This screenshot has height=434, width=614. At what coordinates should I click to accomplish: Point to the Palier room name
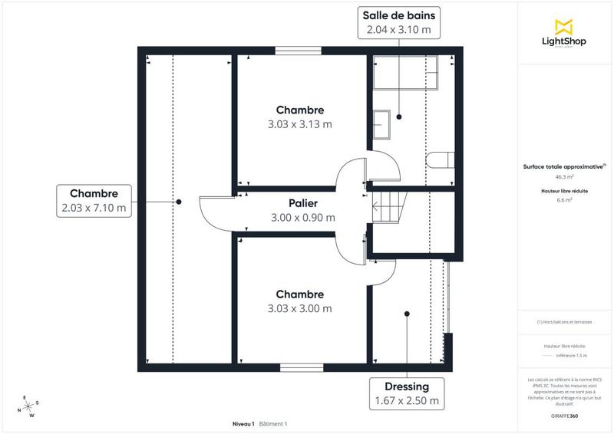click(x=303, y=204)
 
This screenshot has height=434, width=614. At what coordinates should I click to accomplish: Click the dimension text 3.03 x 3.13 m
click(x=300, y=123)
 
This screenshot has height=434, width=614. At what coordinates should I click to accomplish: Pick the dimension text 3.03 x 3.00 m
click(x=300, y=308)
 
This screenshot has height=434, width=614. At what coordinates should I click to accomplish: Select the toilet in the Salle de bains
click(x=439, y=159)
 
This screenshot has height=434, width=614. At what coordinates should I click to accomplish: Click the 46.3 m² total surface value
click(x=564, y=176)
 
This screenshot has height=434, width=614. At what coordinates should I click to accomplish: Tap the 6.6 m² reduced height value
click(x=564, y=199)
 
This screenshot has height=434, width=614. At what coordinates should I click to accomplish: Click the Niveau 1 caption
click(x=243, y=423)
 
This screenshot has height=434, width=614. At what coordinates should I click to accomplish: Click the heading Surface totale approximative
click(x=563, y=166)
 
